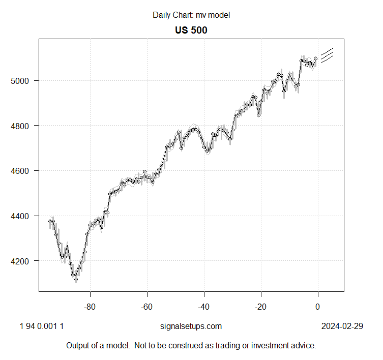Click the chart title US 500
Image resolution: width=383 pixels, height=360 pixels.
[191, 30]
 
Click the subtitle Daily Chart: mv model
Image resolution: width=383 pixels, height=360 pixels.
[191, 15]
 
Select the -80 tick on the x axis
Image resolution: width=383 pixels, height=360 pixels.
[90, 307]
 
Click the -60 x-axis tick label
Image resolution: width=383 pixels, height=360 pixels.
[147, 307]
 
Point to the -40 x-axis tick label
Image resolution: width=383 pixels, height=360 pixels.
[204, 307]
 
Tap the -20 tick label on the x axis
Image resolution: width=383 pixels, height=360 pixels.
[261, 307]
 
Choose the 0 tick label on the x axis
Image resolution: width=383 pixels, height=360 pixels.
[318, 307]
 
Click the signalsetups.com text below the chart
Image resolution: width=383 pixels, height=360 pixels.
[191, 326]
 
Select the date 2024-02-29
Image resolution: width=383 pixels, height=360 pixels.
[342, 326]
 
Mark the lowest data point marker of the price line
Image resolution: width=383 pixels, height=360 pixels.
[76, 279]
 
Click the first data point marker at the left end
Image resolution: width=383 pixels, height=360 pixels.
[50, 221]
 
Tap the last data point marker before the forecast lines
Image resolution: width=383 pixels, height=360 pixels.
[315, 58]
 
